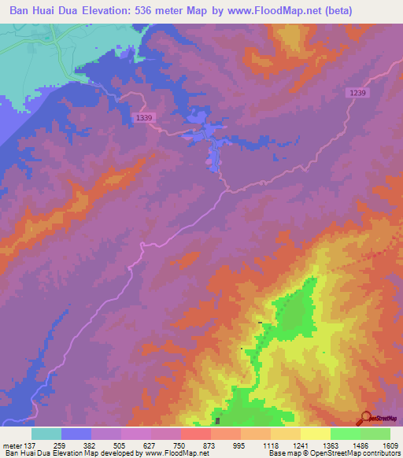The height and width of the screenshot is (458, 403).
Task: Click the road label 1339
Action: (x=145, y=117)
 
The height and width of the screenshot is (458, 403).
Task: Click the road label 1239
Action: (x=357, y=93)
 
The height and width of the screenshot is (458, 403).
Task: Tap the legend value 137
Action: (x=32, y=445)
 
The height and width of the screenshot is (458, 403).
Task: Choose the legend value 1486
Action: (x=360, y=445)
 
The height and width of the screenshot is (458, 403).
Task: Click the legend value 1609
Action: (x=390, y=445)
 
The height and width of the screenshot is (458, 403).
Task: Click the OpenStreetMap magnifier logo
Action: (x=365, y=419)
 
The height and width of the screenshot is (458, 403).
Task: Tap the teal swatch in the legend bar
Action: (x=46, y=434)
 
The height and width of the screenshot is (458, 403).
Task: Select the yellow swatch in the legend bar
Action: (x=316, y=434)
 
